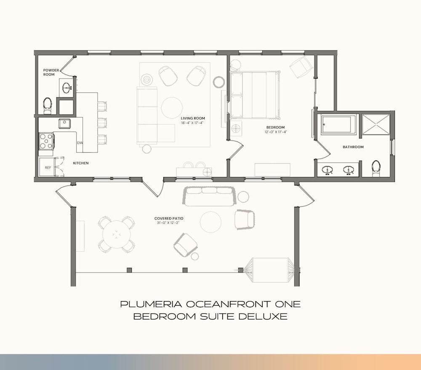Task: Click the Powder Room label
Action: click(51, 72)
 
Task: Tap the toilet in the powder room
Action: click(48, 105)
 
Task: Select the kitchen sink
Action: click(64, 124)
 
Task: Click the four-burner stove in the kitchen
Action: click(46, 141)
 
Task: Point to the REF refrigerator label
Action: click(48, 168)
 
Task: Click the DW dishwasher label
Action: click(80, 143)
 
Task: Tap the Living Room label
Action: click(193, 118)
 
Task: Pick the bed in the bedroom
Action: click(256, 95)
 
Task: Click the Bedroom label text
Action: click(275, 127)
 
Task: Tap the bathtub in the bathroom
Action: click(338, 124)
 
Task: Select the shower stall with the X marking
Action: click(376, 124)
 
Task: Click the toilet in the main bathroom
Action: click(376, 168)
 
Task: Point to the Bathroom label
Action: click(353, 147)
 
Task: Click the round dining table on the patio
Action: click(117, 235)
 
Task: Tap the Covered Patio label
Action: click(169, 219)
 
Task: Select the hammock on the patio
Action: click(270, 270)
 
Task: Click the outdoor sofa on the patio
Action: click(209, 196)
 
